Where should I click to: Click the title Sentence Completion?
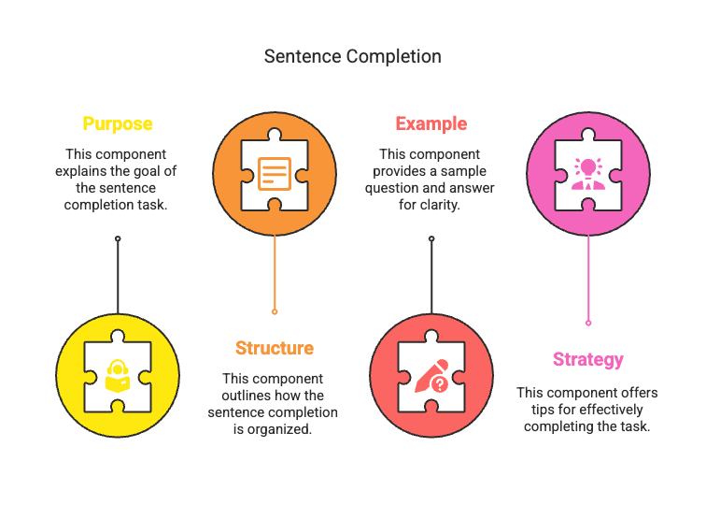coord(352,56)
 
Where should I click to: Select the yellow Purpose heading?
coord(117,123)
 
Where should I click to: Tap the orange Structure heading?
coord(274,348)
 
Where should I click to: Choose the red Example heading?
coord(431,123)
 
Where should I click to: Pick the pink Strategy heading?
coord(587,359)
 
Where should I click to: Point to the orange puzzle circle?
coord(275,174)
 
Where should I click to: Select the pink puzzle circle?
coord(588,174)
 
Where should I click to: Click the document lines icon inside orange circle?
coord(275,174)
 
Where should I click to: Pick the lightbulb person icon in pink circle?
coord(588,174)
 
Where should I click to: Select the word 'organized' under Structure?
coord(287,429)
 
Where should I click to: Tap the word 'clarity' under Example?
coord(440,205)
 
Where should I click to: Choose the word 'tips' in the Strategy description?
coord(535,410)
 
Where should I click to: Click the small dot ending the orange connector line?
coord(275,311)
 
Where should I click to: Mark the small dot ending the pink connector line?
coord(588,323)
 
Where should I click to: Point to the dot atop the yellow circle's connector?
coord(118,238)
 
